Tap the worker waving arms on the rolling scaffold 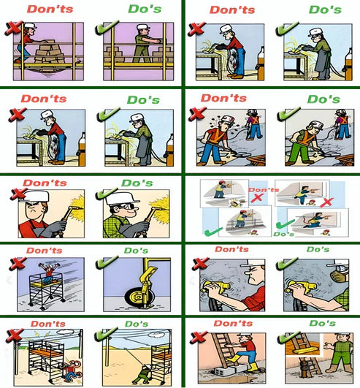click(x=50, y=273)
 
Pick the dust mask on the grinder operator click(x=337, y=276)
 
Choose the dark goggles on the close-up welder click(x=126, y=207)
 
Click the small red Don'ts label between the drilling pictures click(x=264, y=190)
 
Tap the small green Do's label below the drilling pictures click(x=284, y=234)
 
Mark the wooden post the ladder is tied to click(x=304, y=369)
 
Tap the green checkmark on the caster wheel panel click(x=107, y=262)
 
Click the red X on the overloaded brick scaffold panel click(x=14, y=28)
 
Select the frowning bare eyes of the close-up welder click(x=35, y=205)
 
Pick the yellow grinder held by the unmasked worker click(x=215, y=287)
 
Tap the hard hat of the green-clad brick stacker click(x=143, y=27)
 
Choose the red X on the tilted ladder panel click(x=199, y=338)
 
